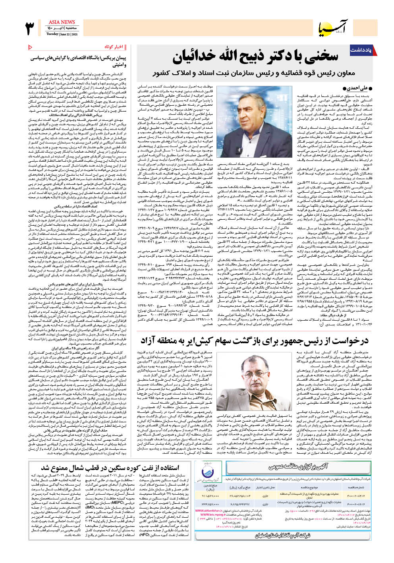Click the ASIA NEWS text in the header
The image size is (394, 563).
[62, 22]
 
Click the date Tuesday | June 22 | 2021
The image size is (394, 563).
[62, 34]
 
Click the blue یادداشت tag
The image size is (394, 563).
[360, 50]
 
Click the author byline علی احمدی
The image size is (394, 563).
[360, 88]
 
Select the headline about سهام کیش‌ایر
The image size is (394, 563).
[254, 341]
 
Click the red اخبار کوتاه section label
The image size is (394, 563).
[114, 47]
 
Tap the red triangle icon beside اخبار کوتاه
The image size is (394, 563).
[31, 47]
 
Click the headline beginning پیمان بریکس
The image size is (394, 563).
[78, 61]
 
